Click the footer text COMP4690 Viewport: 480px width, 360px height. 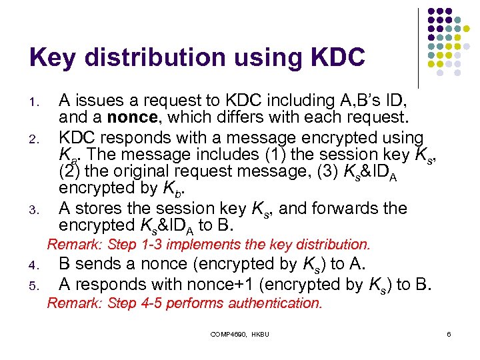point(229,333)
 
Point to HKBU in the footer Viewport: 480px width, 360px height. point(260,333)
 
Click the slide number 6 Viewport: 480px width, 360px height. point(449,333)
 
